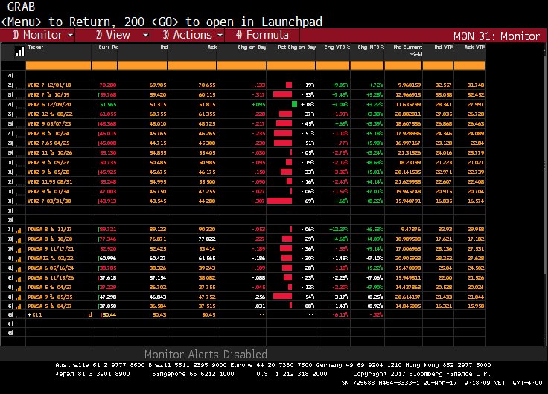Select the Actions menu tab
[187, 35]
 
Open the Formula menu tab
[262, 35]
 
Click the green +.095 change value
[257, 105]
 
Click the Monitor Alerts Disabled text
[205, 355]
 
